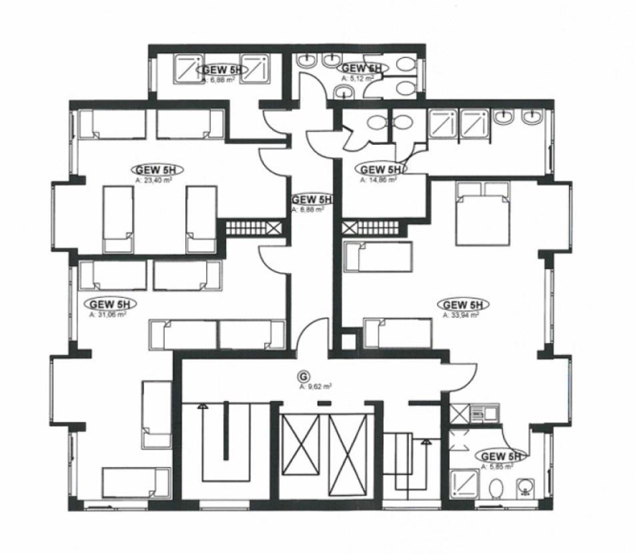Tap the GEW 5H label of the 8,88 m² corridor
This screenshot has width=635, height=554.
pyautogui.click(x=311, y=200)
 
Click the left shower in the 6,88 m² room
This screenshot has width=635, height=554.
pyautogui.click(x=187, y=69)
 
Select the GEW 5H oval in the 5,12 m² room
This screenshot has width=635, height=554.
pyautogui.click(x=361, y=68)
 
